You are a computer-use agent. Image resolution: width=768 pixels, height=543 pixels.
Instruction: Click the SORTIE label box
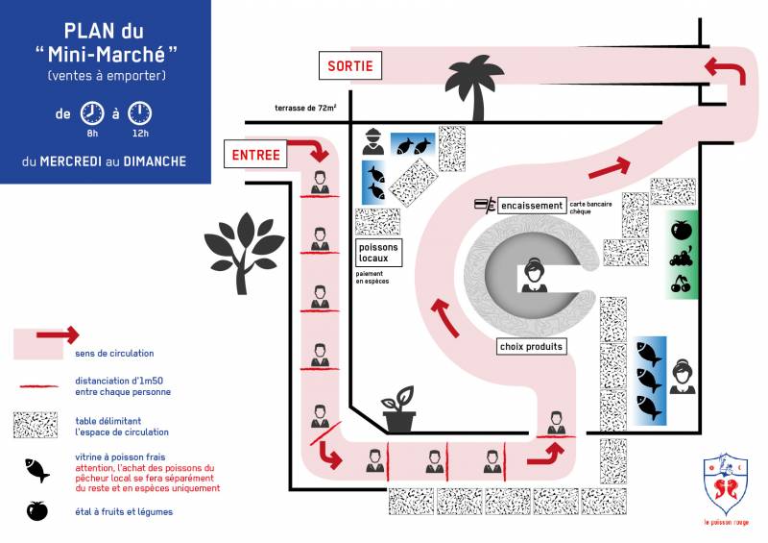point(350,66)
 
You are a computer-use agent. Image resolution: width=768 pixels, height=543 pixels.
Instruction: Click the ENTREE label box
point(256,154)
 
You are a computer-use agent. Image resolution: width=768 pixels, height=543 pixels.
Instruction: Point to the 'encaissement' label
point(531,206)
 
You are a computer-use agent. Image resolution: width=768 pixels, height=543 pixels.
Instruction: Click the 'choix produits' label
point(532,346)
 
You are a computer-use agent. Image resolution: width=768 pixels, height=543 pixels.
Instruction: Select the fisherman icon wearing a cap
point(374,143)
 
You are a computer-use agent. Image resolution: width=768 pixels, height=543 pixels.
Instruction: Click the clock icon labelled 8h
point(92,112)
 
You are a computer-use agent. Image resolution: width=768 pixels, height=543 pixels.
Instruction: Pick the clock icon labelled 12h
point(139,112)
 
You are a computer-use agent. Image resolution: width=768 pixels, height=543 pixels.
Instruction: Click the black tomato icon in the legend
point(37,511)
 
